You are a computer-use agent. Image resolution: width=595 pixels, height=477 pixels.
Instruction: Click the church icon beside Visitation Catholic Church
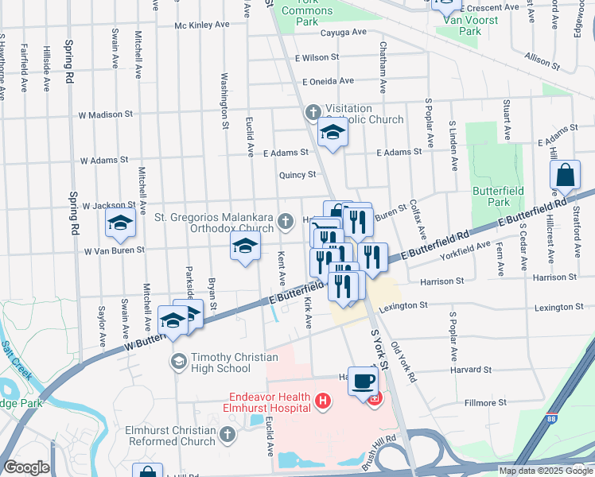tap(313, 113)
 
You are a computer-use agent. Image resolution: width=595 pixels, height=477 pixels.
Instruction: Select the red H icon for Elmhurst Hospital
tap(322, 401)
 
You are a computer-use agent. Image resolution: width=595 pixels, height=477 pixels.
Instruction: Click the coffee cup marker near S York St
tap(364, 382)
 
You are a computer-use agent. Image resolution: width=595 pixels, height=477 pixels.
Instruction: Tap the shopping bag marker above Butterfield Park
tap(565, 176)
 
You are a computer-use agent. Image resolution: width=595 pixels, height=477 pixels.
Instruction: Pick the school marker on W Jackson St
tap(120, 223)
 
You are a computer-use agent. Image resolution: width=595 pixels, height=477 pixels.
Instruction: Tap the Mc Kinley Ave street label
tap(203, 25)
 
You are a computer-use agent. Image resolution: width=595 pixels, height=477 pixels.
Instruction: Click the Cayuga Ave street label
tap(343, 33)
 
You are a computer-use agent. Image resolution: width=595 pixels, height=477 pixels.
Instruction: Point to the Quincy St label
tap(297, 175)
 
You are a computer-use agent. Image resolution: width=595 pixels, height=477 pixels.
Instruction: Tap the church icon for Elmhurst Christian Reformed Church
tap(227, 435)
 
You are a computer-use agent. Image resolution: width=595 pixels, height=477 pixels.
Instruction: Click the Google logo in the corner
tap(25, 467)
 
